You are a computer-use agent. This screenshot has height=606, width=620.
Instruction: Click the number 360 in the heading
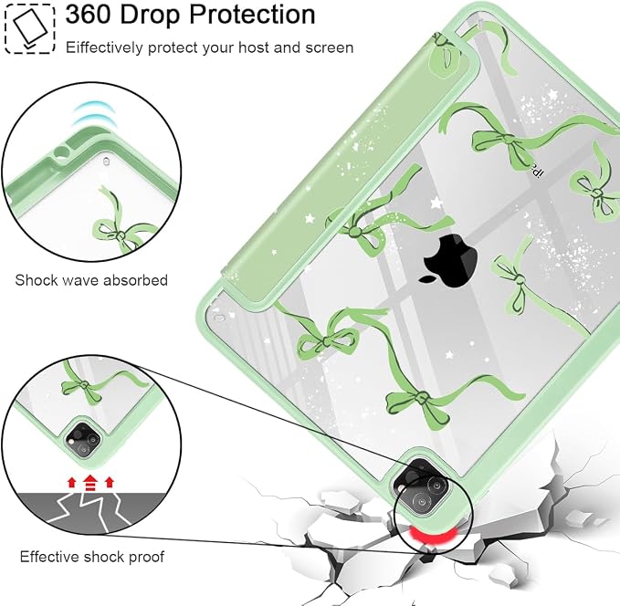click(89, 15)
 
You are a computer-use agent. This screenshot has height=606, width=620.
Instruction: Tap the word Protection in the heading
click(252, 15)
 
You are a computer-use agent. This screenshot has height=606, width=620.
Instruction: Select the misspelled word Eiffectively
click(104, 47)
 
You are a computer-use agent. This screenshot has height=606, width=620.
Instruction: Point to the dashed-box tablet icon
click(29, 28)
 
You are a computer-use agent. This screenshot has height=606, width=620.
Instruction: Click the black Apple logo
click(449, 260)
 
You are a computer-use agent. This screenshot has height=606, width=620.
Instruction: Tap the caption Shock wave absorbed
click(91, 280)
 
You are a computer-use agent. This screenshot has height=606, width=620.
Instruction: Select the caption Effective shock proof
click(91, 557)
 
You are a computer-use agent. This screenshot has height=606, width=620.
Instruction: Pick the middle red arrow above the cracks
click(90, 482)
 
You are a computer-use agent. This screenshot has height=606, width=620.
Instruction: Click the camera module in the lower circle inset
click(84, 440)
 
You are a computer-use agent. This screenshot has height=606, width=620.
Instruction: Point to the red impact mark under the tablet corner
click(432, 536)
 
